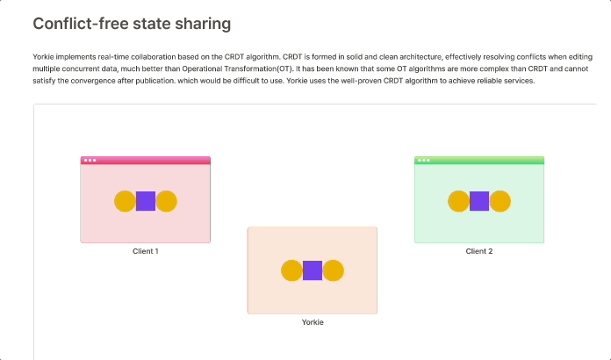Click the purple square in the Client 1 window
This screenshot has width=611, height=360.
(146, 201)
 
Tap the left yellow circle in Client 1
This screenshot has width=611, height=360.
(125, 201)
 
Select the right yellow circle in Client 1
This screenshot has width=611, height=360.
(167, 201)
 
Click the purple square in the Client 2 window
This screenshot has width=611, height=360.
(479, 201)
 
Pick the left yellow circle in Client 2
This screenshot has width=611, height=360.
(458, 201)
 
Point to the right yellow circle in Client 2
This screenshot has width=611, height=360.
(500, 201)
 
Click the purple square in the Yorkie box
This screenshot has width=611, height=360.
(313, 270)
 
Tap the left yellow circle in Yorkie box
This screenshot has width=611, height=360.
(291, 270)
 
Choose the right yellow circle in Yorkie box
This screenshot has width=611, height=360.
(334, 270)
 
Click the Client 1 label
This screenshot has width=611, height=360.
(146, 251)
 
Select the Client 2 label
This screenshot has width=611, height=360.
(479, 251)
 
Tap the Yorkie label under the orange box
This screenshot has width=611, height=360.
(313, 322)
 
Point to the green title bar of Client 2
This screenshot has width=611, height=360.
(492, 160)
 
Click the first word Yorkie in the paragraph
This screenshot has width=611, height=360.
(43, 56)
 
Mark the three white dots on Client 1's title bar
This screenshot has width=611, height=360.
(89, 160)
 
